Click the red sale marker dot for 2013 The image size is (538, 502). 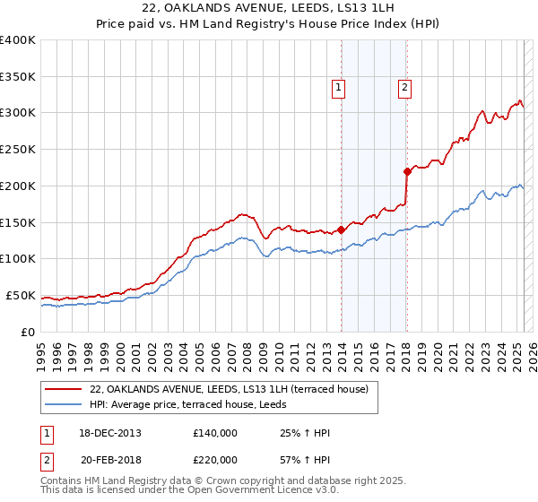(x=342, y=229)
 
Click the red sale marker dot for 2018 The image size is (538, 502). (x=407, y=170)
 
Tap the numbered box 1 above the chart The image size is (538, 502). (x=339, y=88)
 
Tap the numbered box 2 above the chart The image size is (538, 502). (x=404, y=88)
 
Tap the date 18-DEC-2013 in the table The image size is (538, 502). (x=109, y=433)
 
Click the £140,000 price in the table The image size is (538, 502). (x=215, y=433)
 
